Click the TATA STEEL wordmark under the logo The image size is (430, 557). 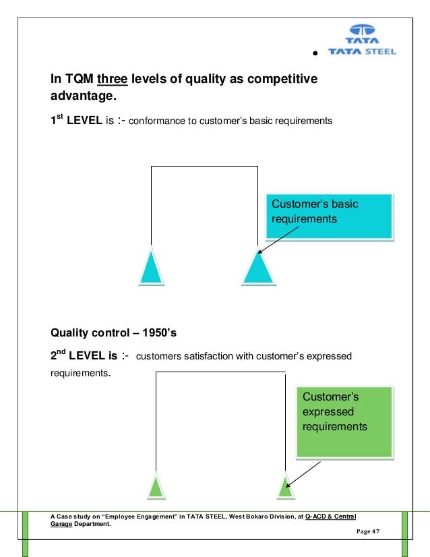(362, 51)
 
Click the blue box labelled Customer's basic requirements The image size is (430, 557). (328, 216)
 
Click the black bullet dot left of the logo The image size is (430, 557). (315, 53)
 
